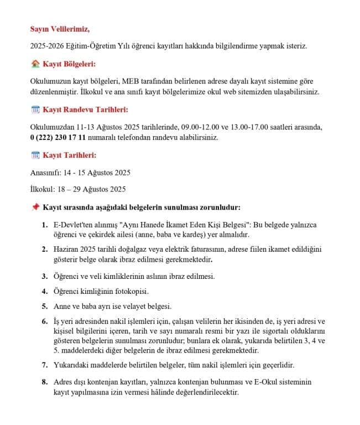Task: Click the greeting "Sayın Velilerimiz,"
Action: coord(60,28)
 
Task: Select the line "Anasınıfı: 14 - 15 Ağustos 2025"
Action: coord(80,172)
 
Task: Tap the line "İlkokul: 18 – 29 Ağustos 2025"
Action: coord(78,189)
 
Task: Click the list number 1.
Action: coord(44,225)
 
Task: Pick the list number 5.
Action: coord(44,305)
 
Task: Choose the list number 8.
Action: coord(44,382)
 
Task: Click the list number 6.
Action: coord(44,322)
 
